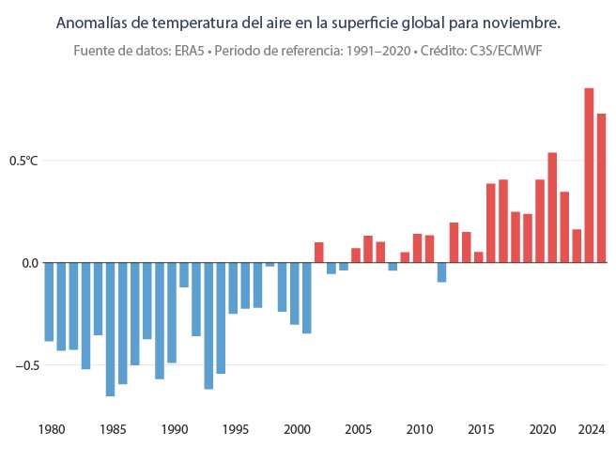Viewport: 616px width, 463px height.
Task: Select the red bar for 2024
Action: pos(601,188)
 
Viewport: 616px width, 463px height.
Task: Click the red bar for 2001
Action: pos(319,253)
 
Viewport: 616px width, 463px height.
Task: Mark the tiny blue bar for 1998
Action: pos(269,265)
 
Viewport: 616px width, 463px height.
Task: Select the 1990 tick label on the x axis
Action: pos(174,430)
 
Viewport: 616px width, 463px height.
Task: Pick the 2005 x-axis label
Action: pos(357,430)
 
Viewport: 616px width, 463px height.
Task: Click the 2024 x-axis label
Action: pos(591,430)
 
